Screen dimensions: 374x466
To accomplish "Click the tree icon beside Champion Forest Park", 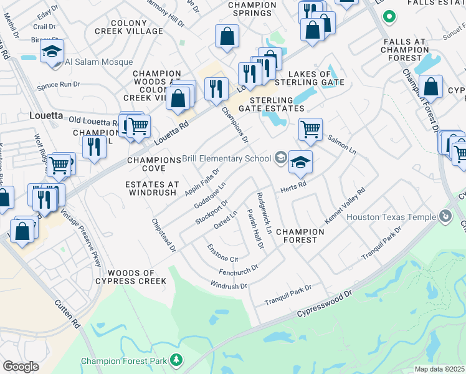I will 177,360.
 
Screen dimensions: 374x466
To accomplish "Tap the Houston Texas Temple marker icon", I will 445,216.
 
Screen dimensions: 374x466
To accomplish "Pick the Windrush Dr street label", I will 229,285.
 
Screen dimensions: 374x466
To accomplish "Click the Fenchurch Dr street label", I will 238,271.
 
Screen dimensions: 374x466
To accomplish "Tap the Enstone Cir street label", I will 223,253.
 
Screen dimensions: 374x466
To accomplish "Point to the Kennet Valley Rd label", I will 344,207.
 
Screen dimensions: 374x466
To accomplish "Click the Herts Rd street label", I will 293,186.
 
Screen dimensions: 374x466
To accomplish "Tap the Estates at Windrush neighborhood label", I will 152,189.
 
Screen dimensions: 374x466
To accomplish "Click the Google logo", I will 21,366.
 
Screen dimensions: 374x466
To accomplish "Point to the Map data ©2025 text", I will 439,369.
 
